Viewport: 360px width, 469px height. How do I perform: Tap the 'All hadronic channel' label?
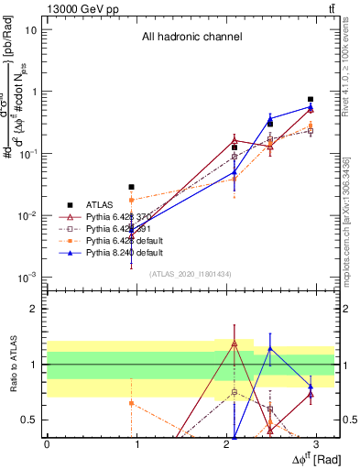(191, 38)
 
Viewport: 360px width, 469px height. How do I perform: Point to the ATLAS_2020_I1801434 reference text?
(191, 273)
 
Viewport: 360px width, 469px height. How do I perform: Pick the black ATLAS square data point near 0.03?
(132, 187)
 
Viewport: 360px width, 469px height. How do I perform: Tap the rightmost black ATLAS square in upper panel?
(311, 99)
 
